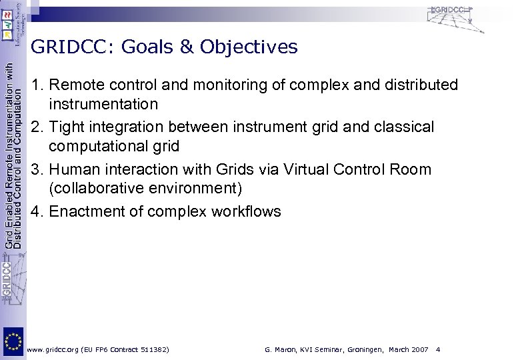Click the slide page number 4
click(x=437, y=349)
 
